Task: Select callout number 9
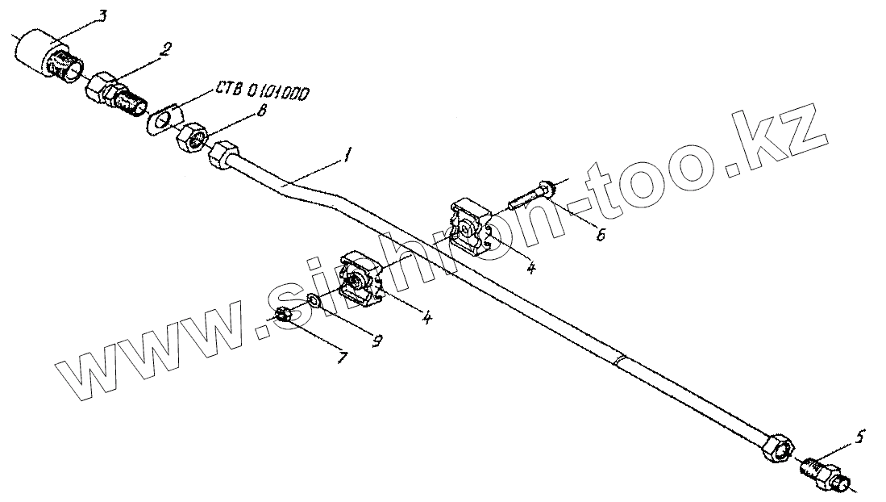pos(376,341)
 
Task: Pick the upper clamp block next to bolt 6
pos(468,227)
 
